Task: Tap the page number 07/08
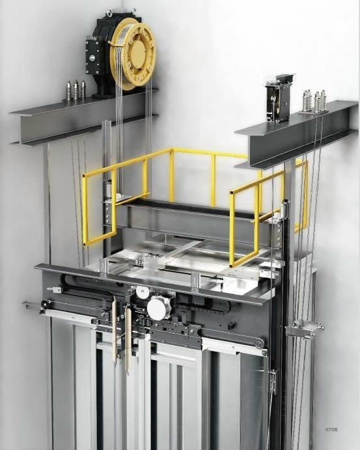[x=331, y=430]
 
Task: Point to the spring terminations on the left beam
[x=76, y=90]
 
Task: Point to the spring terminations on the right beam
[x=314, y=102]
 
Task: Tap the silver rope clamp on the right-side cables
[x=305, y=329]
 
